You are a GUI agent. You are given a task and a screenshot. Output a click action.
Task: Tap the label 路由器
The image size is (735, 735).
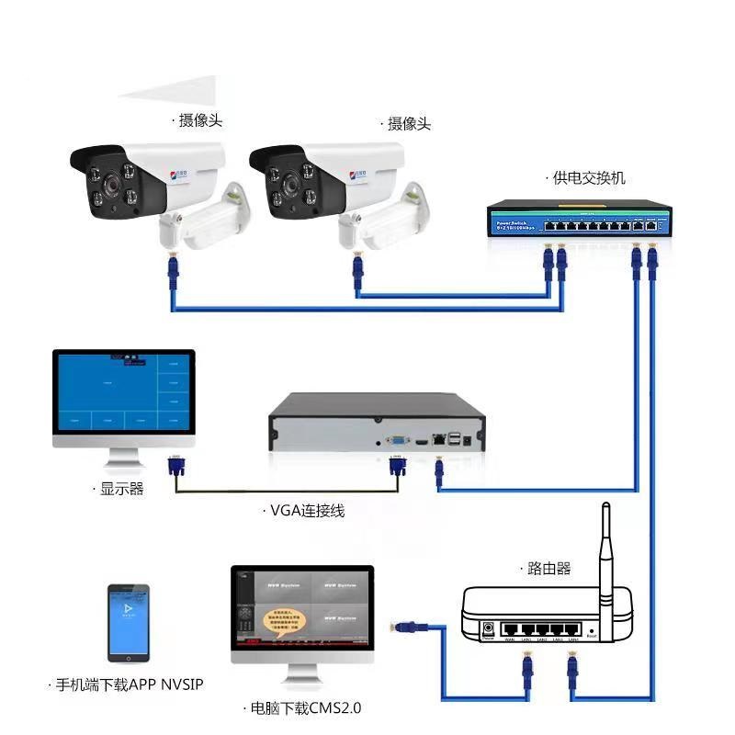549,569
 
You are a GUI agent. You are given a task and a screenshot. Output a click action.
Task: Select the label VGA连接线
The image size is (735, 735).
307,510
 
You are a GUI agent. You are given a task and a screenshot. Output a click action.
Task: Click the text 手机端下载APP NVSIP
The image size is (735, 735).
129,684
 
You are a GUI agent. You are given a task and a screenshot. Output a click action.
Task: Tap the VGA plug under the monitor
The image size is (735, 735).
175,464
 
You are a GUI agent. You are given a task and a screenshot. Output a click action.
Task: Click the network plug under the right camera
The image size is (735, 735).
357,267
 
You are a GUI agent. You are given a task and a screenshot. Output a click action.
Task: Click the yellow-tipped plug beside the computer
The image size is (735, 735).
401,628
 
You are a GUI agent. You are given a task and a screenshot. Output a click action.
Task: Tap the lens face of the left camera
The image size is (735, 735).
108,185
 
